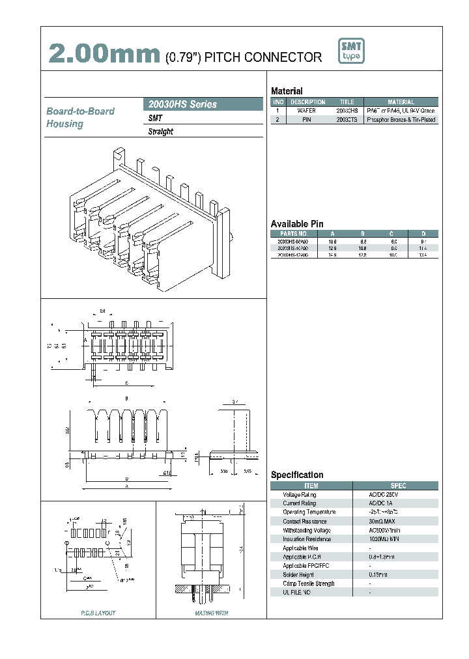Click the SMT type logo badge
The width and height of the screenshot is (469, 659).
tap(352, 51)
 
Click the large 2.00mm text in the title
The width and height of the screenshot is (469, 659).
tap(104, 55)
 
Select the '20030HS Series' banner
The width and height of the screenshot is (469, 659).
tap(182, 104)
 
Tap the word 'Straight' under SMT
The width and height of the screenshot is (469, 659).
tap(161, 132)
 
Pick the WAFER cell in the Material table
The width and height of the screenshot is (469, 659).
tap(307, 111)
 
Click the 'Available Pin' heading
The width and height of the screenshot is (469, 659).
tap(297, 223)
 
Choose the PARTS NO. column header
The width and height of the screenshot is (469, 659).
tap(293, 233)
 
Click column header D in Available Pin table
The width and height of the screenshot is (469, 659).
tap(423, 233)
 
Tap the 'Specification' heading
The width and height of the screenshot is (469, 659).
tap(297, 475)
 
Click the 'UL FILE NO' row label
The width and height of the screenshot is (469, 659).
tap(297, 593)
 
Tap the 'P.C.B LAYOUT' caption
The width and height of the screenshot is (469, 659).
tap(98, 613)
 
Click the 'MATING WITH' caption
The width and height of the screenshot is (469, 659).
tap(211, 613)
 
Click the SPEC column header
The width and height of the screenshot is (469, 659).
tap(397, 486)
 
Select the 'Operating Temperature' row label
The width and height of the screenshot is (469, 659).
tap(309, 512)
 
